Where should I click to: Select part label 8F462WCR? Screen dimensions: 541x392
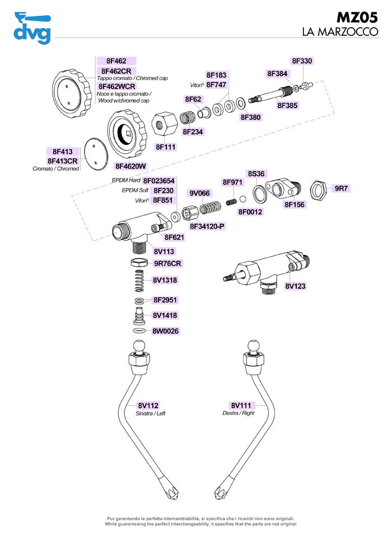click(x=116, y=87)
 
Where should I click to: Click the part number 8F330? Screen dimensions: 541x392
click(x=302, y=61)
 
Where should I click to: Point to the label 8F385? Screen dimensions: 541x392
click(x=288, y=104)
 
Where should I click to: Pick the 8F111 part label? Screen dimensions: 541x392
click(x=166, y=147)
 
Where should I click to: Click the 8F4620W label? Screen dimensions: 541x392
click(x=130, y=166)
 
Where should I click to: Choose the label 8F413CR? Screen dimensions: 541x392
click(x=62, y=160)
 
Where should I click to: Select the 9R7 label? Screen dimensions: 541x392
click(x=341, y=188)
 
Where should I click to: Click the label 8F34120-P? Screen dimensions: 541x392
click(x=207, y=226)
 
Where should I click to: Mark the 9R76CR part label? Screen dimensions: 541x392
click(x=167, y=263)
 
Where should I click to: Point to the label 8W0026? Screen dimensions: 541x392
click(x=165, y=331)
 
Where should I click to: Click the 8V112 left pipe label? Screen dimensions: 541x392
click(x=148, y=405)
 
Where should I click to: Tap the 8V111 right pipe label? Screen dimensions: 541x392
click(x=242, y=405)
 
